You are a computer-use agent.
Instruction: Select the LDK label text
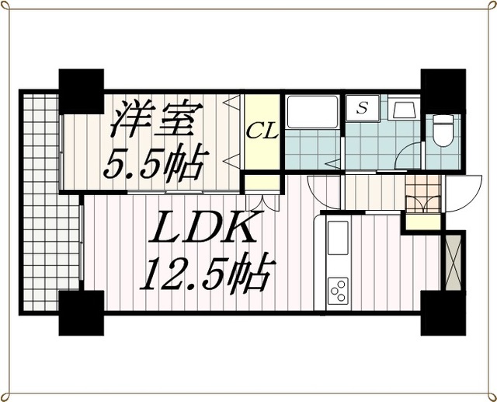pyautogui.click(x=204, y=229)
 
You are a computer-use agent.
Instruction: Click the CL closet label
pyautogui.click(x=262, y=131)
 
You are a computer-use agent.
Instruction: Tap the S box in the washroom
pyautogui.click(x=362, y=109)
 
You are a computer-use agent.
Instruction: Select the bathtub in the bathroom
pyautogui.click(x=312, y=114)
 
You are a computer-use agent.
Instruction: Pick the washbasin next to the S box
pyautogui.click(x=404, y=109)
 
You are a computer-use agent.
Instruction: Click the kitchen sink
pyautogui.click(x=339, y=238)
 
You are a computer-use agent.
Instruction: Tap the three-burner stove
pyautogui.click(x=339, y=291)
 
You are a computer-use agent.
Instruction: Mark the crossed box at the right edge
pyautogui.click(x=453, y=260)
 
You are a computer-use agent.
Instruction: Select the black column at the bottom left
pyautogui.click(x=81, y=311)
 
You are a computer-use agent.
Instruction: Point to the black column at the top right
pyautogui.click(x=443, y=91)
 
